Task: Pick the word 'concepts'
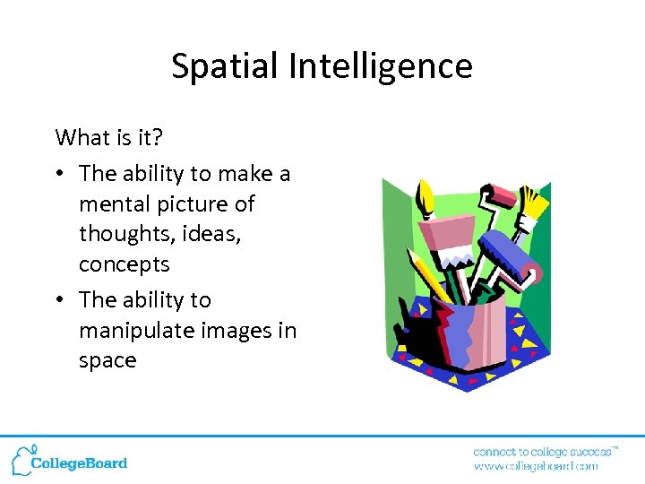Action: pyautogui.click(x=124, y=264)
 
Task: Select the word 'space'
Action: pyautogui.click(x=107, y=360)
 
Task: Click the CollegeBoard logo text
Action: pyautogui.click(x=80, y=463)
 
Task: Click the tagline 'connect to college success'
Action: pyautogui.click(x=543, y=451)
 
